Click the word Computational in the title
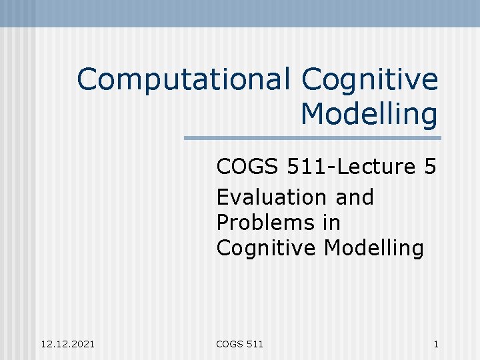pos(183,81)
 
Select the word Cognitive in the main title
pos(370,81)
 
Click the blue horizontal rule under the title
pos(312,138)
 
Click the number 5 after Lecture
pos(429,167)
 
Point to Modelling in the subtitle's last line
pos(374,248)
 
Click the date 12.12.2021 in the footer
pos(67,344)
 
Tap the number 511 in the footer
pos(255,344)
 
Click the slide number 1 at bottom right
pos(435,344)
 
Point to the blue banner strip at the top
pos(240,13)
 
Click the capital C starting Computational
pos(87,81)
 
